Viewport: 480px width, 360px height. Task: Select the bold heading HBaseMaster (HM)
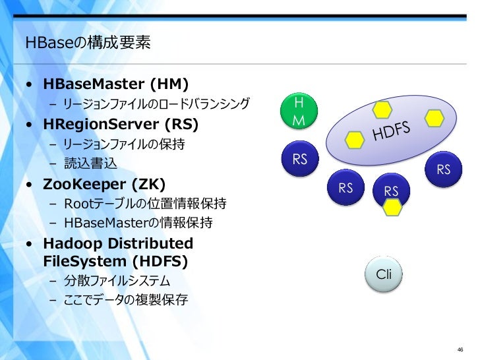116,84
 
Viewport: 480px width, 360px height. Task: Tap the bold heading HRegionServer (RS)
121,124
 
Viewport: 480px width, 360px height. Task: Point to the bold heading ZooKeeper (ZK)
105,183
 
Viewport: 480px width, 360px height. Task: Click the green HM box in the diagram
299,112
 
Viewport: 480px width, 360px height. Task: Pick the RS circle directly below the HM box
300,159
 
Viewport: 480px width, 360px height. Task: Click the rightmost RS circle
443,169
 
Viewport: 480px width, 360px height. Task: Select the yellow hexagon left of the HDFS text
355,139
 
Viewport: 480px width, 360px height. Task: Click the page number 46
460,349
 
